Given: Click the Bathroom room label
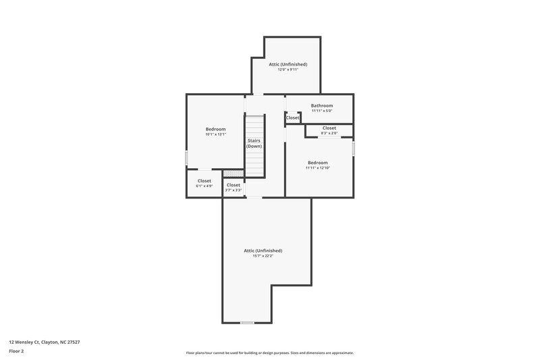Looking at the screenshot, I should pos(321,105).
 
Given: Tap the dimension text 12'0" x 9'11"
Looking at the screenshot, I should pos(288,70).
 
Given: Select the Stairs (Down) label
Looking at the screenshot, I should pos(254,143).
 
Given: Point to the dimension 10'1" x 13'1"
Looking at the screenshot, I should pos(215,134).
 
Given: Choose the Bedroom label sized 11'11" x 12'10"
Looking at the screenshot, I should pos(317,162).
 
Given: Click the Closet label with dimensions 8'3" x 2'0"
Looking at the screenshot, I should pos(329,128).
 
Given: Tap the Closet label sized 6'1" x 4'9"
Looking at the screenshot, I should pos(204,180).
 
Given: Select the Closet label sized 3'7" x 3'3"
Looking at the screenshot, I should pos(233,184).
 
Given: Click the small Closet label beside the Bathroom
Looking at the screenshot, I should pos(292,118).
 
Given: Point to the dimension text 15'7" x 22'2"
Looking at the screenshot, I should pos(263,256).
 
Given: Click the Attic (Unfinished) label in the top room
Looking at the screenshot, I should pos(288,64).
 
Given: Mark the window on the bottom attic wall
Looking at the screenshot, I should pos(247,323).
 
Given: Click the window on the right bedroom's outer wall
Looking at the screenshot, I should pos(353,148).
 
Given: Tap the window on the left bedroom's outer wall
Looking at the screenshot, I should pos(186,157).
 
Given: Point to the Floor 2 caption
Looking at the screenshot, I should pos(16,351).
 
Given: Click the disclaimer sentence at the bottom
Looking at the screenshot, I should pos(269,353).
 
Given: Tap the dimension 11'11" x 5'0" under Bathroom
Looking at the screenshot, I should pos(321,111).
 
